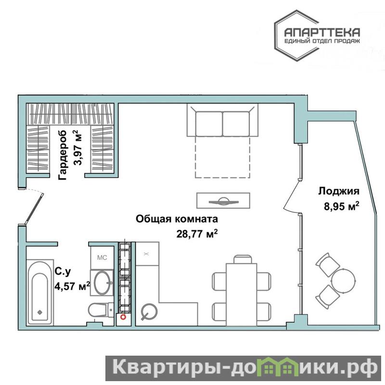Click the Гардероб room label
(x=63, y=155)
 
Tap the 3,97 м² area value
(x=78, y=148)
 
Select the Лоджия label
(x=339, y=191)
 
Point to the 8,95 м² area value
(x=342, y=206)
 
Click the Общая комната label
(x=177, y=219)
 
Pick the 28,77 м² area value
(x=197, y=233)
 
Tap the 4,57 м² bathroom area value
(x=72, y=286)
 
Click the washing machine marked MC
(x=102, y=257)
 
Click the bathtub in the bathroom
(x=40, y=293)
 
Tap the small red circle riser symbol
(x=123, y=317)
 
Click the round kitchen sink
(x=149, y=311)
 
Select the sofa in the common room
(x=222, y=120)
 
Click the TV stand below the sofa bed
(x=223, y=201)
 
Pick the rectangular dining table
(x=242, y=295)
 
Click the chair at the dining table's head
(x=243, y=259)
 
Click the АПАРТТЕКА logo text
(x=322, y=32)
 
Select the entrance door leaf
(x=34, y=209)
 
